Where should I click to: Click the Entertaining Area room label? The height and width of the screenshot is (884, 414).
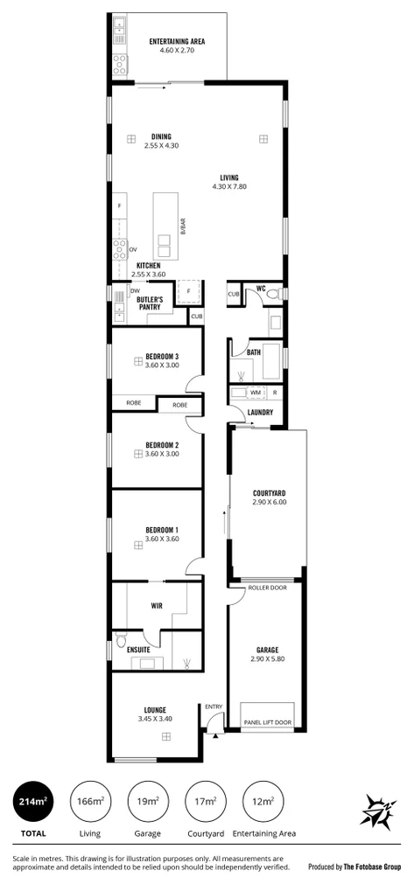pyautogui.click(x=177, y=41)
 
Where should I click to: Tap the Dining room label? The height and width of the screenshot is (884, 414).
pyautogui.click(x=161, y=136)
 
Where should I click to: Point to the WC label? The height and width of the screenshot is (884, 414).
pyautogui.click(x=261, y=289)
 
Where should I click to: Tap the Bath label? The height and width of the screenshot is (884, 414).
pyautogui.click(x=254, y=352)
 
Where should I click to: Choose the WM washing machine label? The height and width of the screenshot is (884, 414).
pyautogui.click(x=256, y=393)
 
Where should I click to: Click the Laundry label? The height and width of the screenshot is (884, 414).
pyautogui.click(x=260, y=413)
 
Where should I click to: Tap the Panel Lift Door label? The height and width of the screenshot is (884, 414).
pyautogui.click(x=268, y=722)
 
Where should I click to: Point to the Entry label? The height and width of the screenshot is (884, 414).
pyautogui.click(x=214, y=707)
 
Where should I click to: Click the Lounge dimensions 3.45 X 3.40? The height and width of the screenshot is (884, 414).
pyautogui.click(x=155, y=719)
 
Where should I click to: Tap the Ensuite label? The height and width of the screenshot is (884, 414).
pyautogui.click(x=140, y=650)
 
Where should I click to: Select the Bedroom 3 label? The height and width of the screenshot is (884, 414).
pyautogui.click(x=162, y=356)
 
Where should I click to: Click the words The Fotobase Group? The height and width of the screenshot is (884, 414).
pyautogui.click(x=371, y=867)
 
